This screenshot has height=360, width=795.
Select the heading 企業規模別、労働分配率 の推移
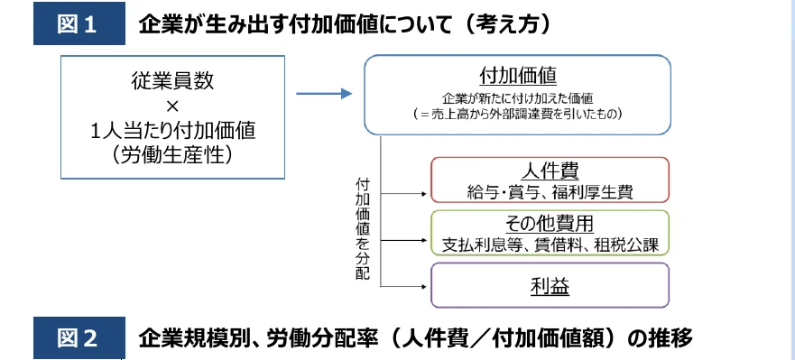click(415, 339)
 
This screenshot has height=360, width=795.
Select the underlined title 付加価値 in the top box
click(516, 74)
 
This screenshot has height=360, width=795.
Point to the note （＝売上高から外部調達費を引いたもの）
click(516, 115)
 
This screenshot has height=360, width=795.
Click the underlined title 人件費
click(550, 171)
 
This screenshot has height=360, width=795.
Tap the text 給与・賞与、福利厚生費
click(550, 190)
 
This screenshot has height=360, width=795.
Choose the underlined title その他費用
click(550, 224)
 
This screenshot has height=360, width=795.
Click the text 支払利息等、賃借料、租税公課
click(550, 244)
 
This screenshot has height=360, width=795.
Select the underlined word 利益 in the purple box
click(550, 287)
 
